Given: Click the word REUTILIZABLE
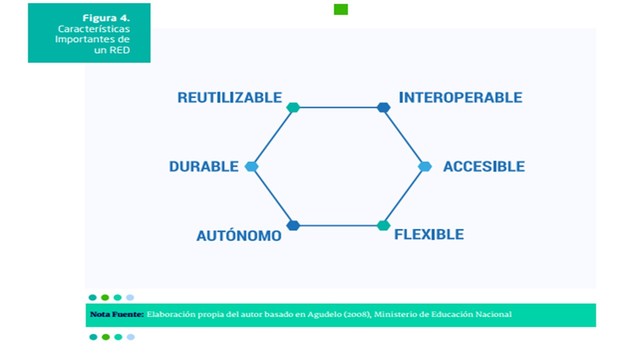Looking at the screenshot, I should (x=230, y=98).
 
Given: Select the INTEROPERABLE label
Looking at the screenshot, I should (x=460, y=98).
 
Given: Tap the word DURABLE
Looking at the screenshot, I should (x=204, y=166).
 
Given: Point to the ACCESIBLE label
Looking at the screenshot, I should (x=484, y=166).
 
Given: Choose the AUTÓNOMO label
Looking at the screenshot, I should (x=237, y=235).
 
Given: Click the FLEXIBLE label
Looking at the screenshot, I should (x=429, y=235).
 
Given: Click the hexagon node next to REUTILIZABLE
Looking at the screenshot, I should (x=293, y=107).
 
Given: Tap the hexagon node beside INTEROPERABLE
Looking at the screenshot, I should (x=383, y=107).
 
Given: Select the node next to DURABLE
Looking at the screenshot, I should (x=251, y=166).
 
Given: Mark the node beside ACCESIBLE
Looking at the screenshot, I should (x=425, y=166).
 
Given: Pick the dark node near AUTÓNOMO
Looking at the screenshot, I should (x=293, y=225).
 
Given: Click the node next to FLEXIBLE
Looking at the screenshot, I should (x=383, y=225).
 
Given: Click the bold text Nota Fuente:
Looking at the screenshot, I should (x=116, y=315).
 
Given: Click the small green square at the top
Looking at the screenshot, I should (x=341, y=9).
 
